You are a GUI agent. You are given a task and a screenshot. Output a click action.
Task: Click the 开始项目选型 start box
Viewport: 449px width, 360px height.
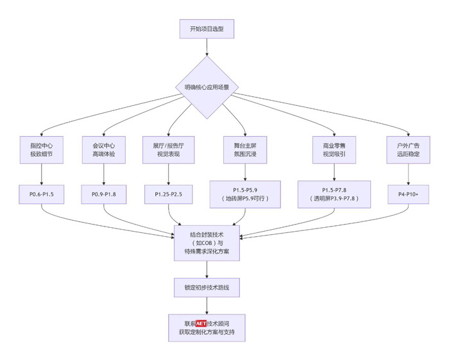click(x=207, y=29)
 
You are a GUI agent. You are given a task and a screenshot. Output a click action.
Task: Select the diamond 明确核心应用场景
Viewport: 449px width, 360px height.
click(x=207, y=87)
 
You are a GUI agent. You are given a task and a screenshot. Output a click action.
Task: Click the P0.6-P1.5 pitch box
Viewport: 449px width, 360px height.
click(x=42, y=194)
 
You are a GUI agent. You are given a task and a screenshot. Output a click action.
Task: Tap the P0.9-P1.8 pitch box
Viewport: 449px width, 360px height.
click(x=103, y=194)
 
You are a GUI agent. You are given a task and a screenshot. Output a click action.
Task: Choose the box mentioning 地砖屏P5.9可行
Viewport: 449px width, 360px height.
click(x=245, y=194)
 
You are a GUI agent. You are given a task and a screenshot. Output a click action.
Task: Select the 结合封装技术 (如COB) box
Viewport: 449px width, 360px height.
click(x=207, y=243)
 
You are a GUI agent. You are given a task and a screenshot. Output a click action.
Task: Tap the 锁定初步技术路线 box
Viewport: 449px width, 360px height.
click(x=207, y=287)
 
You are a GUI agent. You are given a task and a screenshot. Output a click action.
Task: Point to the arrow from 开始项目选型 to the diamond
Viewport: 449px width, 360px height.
click(x=207, y=47)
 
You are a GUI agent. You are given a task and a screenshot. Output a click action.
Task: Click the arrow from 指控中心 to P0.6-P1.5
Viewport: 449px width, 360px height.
click(x=42, y=173)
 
